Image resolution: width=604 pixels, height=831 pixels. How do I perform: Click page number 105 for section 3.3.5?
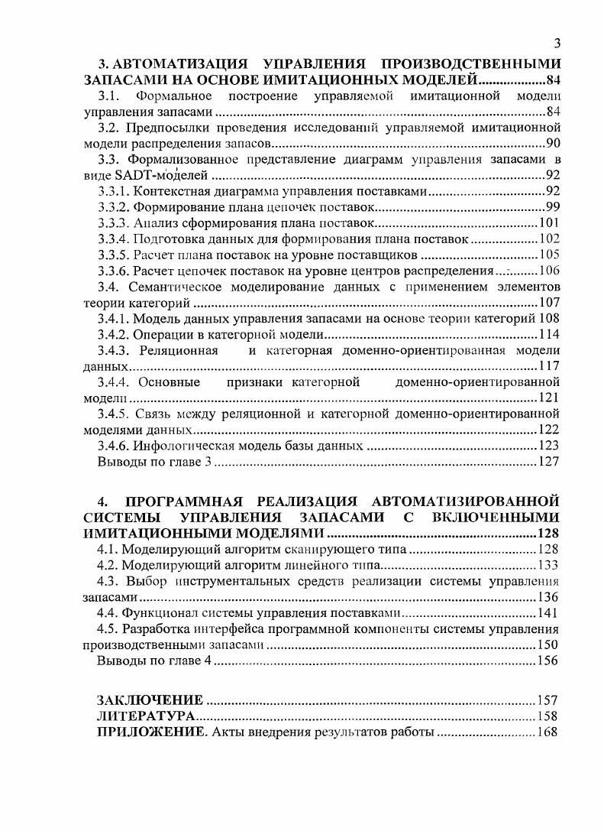click(x=549, y=255)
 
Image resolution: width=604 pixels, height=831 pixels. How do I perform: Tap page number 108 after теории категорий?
click(x=549, y=318)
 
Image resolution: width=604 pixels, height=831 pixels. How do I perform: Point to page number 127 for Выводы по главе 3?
click(x=549, y=462)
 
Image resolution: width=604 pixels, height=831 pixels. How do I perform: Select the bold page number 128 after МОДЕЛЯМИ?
click(x=548, y=534)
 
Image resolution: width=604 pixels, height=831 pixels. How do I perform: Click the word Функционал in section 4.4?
click(x=160, y=613)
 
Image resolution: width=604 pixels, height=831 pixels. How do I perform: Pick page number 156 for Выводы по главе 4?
click(x=547, y=661)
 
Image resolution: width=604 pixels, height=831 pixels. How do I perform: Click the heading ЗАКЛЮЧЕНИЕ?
click(x=150, y=700)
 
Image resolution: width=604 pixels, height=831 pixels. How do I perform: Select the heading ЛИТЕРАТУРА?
click(x=146, y=716)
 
